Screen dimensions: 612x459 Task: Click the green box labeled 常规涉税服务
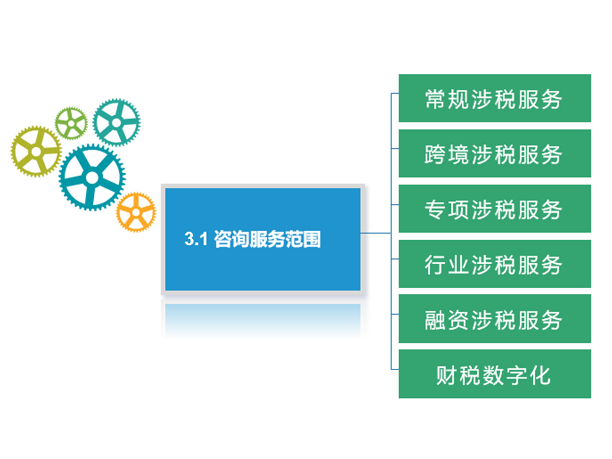pos(495,98)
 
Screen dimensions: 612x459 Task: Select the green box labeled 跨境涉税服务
pos(495,154)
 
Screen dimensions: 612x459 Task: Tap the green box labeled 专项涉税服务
pos(495,209)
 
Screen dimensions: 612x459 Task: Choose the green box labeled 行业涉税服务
pos(495,264)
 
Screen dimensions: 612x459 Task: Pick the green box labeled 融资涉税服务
pos(495,319)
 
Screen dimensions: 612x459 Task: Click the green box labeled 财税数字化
pos(495,374)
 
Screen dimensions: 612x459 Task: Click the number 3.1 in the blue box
pos(196,239)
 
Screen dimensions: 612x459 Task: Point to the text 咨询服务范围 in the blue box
pos(267,239)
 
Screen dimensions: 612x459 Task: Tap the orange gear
pos(136,212)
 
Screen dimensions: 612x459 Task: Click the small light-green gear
pos(71,123)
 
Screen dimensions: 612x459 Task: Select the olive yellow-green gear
pos(36,151)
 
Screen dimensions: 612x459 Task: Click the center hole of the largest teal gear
pos(92,177)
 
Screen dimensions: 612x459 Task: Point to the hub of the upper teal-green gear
pos(117,122)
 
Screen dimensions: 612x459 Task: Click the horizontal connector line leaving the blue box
pos(375,233)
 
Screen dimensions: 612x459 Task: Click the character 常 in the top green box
pos(435,99)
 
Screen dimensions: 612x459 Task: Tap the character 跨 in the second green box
pos(435,155)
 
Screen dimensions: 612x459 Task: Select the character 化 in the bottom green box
pos(541,375)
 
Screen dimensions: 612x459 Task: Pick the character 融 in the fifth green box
pos(435,320)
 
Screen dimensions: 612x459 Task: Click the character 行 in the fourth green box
pos(435,265)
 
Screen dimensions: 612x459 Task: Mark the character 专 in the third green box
pos(435,210)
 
